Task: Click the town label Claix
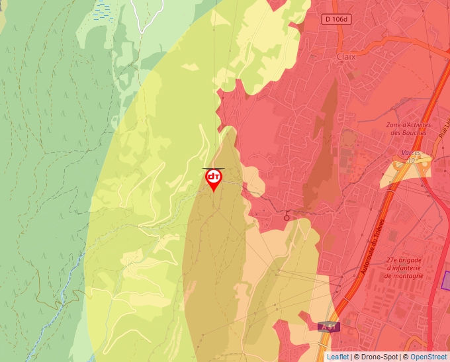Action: [346, 57]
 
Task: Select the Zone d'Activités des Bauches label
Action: [409, 128]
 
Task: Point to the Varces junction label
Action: [410, 153]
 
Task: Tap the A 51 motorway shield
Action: [328, 326]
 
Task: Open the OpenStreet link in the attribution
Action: [428, 357]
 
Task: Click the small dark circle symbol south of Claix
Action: [287, 216]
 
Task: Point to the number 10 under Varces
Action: [412, 160]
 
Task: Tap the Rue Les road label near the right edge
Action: [442, 125]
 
